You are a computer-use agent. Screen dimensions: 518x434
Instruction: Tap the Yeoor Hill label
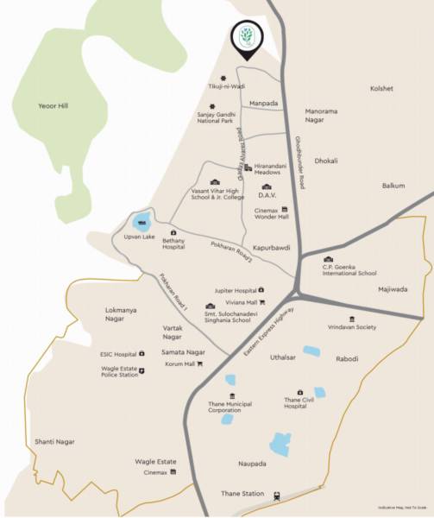(x=53, y=106)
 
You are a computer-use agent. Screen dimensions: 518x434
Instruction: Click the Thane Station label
(x=241, y=494)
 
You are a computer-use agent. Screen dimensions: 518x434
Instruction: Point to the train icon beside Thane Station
(x=276, y=495)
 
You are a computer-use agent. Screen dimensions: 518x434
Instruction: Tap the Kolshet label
(x=381, y=88)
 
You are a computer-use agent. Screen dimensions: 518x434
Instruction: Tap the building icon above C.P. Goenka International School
(x=328, y=259)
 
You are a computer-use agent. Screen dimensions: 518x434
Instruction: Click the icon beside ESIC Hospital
(x=142, y=353)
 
